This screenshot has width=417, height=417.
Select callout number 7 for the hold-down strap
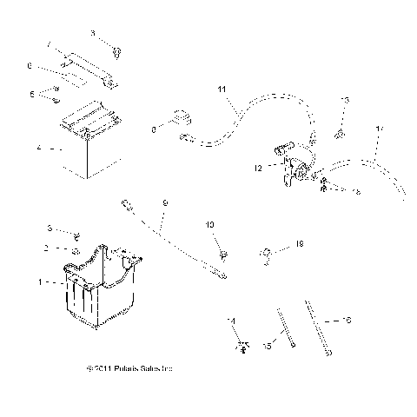pyautogui.click(x=50, y=44)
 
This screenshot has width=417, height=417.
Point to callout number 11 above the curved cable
pyautogui.click(x=221, y=89)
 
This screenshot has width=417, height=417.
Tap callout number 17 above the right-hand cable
pyautogui.click(x=378, y=129)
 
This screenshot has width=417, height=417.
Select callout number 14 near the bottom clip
pyautogui.click(x=231, y=321)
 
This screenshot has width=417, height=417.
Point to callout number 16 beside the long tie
pyautogui.click(x=348, y=321)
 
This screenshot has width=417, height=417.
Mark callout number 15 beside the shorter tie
pyautogui.click(x=267, y=346)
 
